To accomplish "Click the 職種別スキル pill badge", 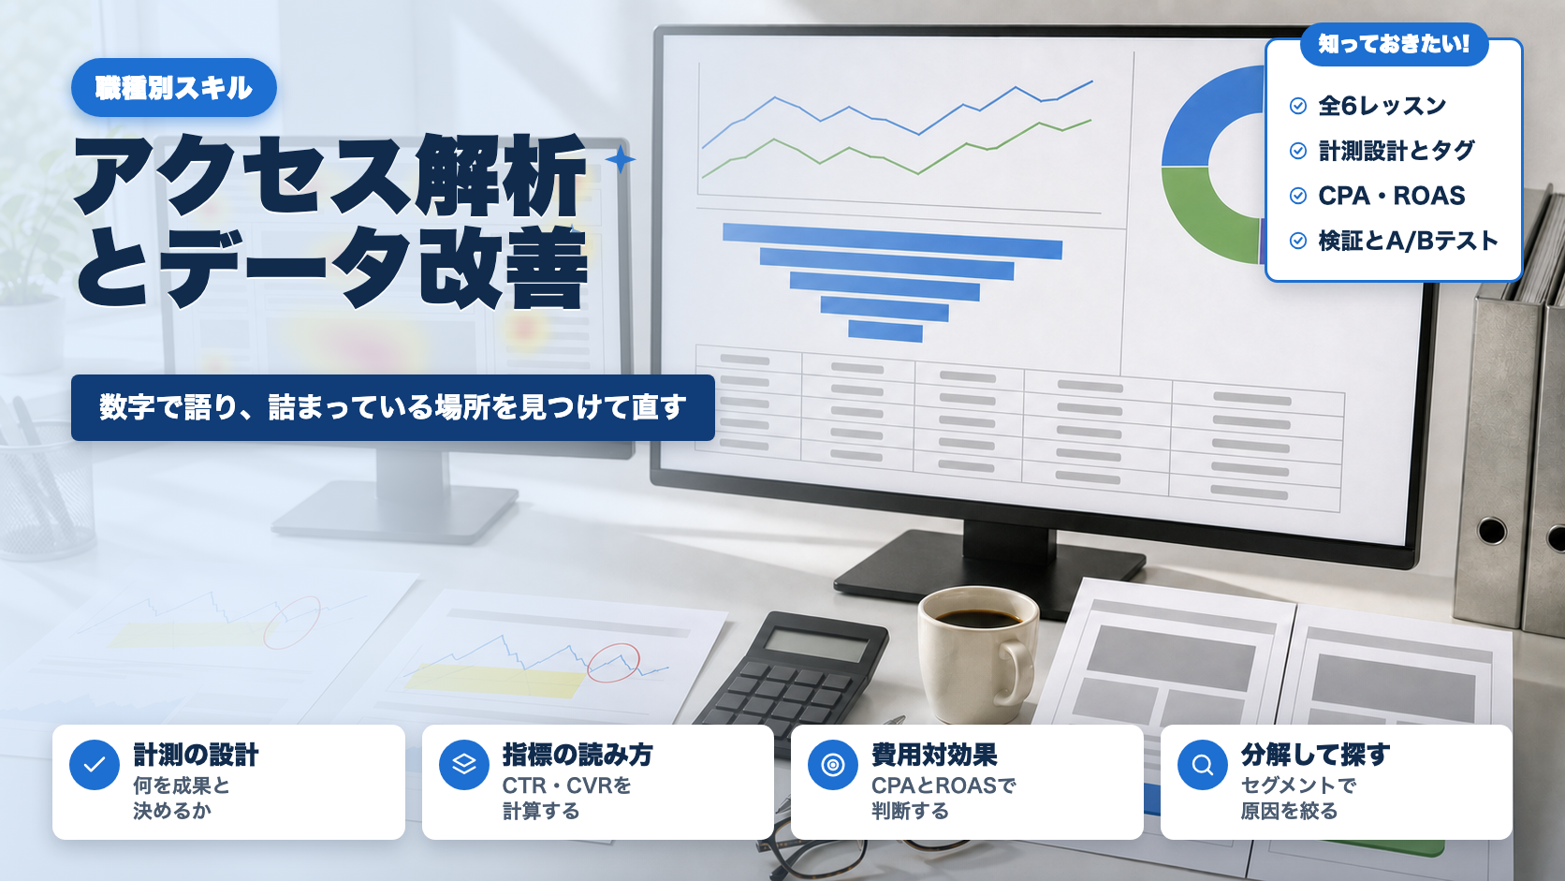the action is click(174, 87).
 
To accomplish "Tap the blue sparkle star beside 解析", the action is click(621, 160).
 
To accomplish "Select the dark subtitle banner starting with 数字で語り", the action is click(392, 407).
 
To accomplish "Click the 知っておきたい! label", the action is click(1394, 44).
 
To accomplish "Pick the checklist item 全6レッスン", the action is click(1382, 106).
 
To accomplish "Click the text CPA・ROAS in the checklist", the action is click(1391, 196).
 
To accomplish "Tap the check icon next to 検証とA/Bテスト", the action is click(1298, 241).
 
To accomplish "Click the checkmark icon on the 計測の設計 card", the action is click(95, 765).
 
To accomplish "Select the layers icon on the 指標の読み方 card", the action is click(464, 765).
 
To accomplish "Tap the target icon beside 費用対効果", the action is click(833, 765).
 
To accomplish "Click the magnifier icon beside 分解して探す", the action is click(1203, 765).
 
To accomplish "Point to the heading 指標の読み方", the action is click(578, 755).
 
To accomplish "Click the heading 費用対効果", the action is click(934, 755).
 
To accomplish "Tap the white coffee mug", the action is click(977, 654).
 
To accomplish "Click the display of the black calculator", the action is click(816, 644).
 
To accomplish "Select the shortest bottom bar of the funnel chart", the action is click(885, 331).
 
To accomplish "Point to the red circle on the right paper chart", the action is click(613, 662).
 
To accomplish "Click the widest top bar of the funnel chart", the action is click(892, 241).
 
